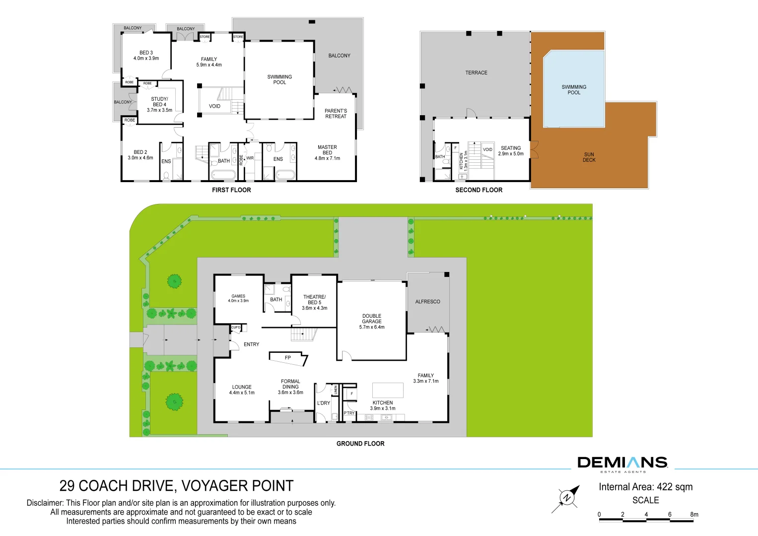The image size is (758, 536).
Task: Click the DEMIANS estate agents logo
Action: (x=622, y=464)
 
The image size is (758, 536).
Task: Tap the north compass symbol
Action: (x=566, y=499)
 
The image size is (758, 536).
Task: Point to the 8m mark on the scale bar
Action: (x=694, y=514)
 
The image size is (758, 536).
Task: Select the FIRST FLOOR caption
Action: (x=231, y=190)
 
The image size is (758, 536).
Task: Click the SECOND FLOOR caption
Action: (x=479, y=190)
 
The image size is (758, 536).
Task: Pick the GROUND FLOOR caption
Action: (x=360, y=444)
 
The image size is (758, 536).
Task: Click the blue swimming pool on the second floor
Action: (x=574, y=89)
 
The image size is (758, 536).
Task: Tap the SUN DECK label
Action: (x=589, y=157)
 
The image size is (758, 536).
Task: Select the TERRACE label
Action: (x=476, y=73)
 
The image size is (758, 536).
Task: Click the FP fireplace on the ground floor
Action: (x=288, y=358)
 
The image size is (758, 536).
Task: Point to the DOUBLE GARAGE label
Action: (x=372, y=319)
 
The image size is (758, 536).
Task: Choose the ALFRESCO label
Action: (x=428, y=302)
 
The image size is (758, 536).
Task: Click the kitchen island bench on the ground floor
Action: (x=388, y=390)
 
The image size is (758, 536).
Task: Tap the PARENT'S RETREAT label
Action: (x=336, y=114)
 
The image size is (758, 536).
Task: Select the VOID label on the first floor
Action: (x=214, y=106)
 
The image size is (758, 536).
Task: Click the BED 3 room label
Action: (x=146, y=53)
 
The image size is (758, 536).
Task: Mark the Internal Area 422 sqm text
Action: (x=646, y=487)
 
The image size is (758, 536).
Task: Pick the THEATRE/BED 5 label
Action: (x=315, y=300)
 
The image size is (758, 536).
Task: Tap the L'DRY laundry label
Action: (x=324, y=403)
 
